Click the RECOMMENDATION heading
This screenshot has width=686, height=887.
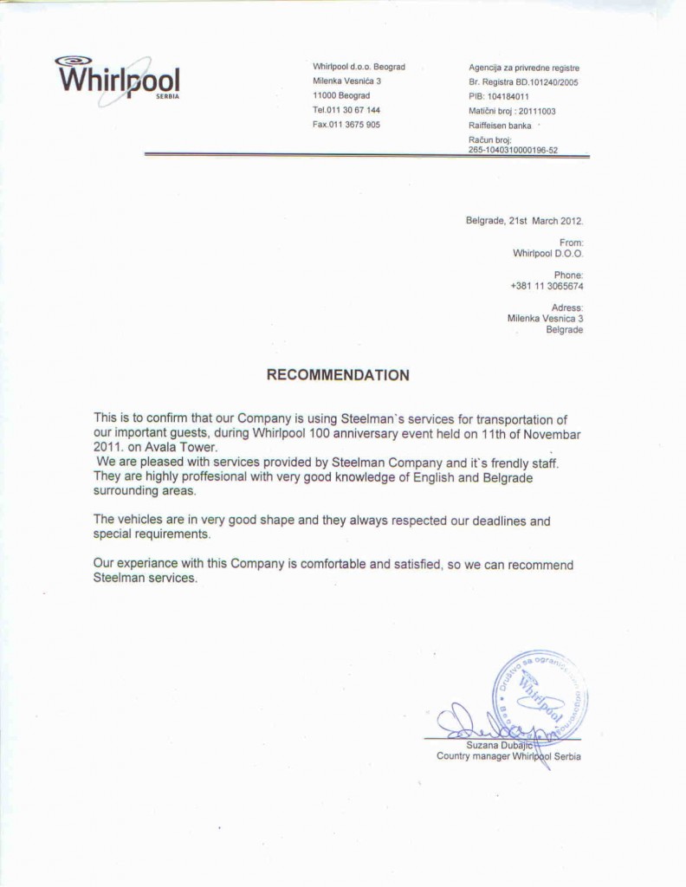coord(338,375)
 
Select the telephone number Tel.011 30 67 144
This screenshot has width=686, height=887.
coord(346,110)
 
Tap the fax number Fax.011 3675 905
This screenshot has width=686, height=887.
coord(346,124)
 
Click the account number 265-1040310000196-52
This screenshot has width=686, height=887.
coord(514,149)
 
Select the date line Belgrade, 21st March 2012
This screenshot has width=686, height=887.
coord(525,221)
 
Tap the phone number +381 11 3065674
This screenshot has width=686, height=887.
coord(547,286)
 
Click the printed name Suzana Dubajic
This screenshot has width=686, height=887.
coord(500,744)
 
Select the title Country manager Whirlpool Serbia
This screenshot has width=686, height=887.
coord(508,756)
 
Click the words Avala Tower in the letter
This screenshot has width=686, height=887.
coord(185,447)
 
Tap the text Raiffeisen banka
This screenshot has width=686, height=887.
coord(500,125)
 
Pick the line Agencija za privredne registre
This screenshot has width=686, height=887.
coord(524,68)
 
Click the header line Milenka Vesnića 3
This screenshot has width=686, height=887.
coord(346,81)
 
